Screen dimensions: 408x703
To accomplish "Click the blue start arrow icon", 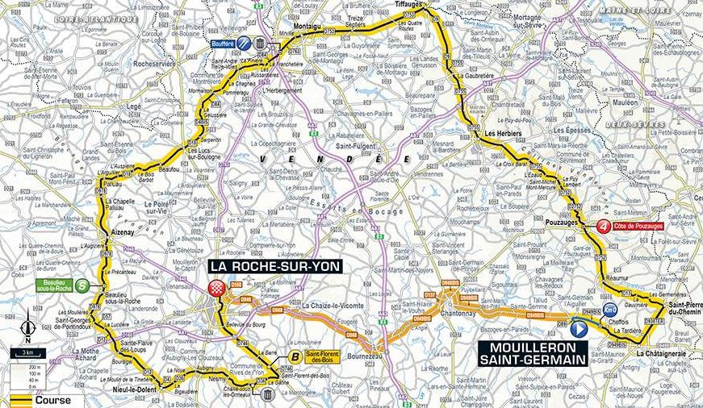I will [x=578, y=329].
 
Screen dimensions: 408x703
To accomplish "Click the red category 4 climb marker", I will [x=604, y=227].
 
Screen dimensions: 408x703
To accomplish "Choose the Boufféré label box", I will [x=220, y=44].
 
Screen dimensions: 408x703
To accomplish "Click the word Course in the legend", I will [x=56, y=400].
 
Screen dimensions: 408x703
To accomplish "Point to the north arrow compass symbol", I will [x=28, y=326].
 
